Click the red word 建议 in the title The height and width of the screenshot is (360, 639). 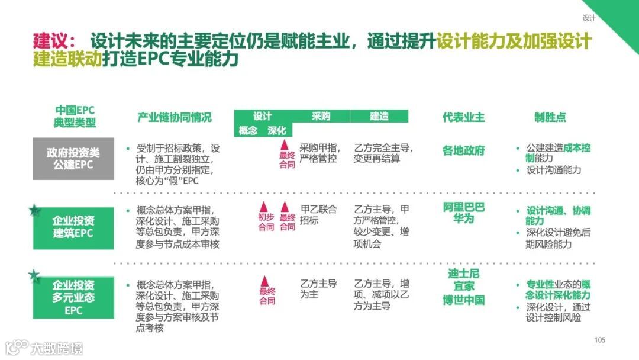[50, 42]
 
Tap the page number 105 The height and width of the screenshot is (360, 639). [600, 340]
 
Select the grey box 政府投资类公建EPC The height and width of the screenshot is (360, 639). [74, 158]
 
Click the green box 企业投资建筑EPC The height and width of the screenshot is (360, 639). [74, 227]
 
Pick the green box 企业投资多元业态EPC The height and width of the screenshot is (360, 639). [74, 297]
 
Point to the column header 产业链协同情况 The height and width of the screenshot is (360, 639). [174, 117]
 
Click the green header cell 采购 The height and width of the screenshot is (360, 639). [321, 116]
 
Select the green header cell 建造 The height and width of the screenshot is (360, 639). [379, 116]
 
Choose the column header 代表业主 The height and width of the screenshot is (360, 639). [463, 117]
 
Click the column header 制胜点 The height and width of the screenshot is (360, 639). [550, 117]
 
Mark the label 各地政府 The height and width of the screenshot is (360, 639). [463, 150]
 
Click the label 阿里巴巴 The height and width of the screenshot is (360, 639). [463, 207]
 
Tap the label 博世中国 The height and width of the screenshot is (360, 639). [463, 300]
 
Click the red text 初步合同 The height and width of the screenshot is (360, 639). [266, 221]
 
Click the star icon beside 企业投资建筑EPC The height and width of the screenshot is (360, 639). [35, 210]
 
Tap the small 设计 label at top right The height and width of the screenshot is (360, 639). [589, 18]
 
